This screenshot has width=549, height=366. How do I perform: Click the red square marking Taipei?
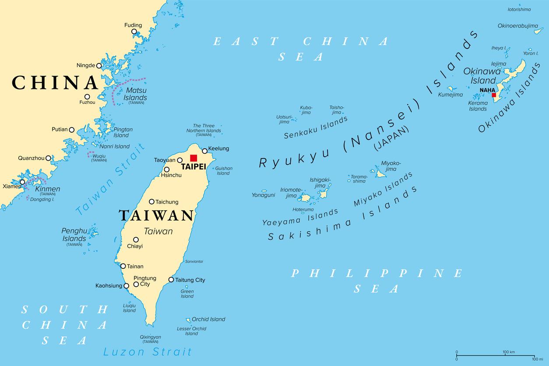[x=194, y=158]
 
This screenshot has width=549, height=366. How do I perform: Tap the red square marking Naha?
[x=494, y=95]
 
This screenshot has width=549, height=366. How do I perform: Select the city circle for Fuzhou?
[x=87, y=97]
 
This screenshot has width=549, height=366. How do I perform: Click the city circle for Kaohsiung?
[x=127, y=286]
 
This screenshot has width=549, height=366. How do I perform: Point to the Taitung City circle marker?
[x=171, y=280]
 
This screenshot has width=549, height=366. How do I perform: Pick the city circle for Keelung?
[x=204, y=151]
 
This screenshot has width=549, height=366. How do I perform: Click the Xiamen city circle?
[x=22, y=182]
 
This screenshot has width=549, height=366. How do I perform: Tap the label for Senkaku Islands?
[x=316, y=128]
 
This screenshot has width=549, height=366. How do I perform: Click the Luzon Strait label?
[x=147, y=352]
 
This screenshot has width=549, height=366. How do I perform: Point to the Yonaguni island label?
[x=263, y=195]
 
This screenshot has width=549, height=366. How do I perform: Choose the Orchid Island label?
[x=208, y=319]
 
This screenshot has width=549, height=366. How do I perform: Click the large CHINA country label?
[x=55, y=82]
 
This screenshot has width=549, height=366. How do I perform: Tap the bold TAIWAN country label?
[x=156, y=215]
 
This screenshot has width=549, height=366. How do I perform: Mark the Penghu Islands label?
[x=74, y=235]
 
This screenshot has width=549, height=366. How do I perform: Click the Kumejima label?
[x=450, y=95]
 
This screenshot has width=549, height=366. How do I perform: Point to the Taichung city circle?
[x=151, y=202]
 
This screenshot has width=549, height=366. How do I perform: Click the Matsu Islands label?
[x=136, y=94]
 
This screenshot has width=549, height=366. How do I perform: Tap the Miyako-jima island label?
[x=391, y=166]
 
